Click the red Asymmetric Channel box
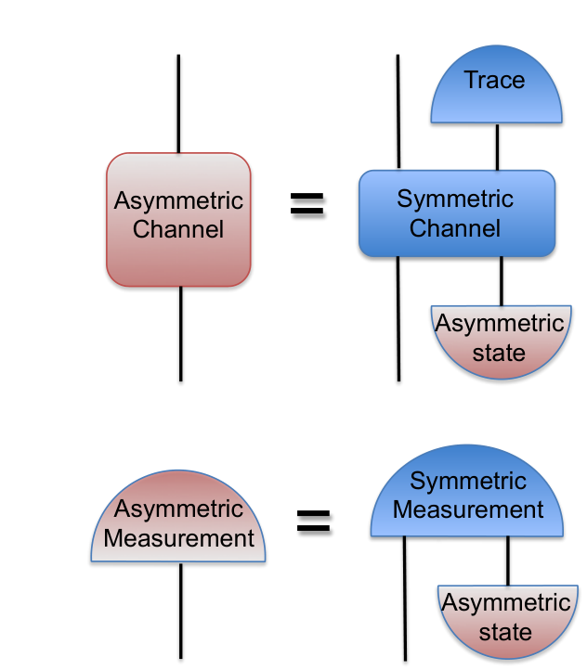178,219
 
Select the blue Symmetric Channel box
457,213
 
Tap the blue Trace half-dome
496,84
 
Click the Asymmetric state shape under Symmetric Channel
501,341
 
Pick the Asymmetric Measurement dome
178,516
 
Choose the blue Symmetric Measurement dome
467,491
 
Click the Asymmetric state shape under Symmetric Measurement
508,622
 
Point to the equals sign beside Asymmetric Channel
307,203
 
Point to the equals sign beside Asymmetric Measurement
313,521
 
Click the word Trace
495,80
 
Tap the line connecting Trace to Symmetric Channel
497,147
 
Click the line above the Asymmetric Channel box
178,103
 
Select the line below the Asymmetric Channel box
181,334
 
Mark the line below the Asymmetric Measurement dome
181,611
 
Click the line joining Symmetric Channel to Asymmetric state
502,281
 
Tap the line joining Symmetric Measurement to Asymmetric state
508,560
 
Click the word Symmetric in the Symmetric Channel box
455,200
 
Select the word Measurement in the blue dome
468,509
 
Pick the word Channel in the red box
178,229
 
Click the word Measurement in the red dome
178,538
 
